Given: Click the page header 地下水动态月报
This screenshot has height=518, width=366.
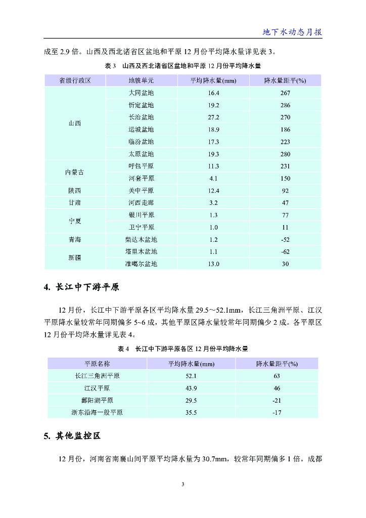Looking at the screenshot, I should (x=292, y=32).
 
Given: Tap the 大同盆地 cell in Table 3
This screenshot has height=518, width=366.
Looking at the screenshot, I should (x=141, y=93).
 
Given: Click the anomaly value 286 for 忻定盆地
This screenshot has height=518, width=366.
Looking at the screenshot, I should (x=285, y=105).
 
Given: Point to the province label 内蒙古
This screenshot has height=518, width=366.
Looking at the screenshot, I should (x=75, y=172).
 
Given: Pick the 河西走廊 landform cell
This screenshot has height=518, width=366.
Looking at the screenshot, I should (x=141, y=203).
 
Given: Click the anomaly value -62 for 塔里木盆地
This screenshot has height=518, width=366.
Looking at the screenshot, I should (x=285, y=251).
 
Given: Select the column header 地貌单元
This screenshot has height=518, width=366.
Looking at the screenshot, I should (x=141, y=81).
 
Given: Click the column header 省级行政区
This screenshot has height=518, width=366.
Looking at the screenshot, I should (x=75, y=81).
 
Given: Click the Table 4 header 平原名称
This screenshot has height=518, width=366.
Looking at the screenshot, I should (x=97, y=364).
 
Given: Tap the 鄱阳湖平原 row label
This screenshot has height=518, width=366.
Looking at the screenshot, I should (x=97, y=400).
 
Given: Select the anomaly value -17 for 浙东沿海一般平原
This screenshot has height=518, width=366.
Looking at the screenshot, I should (x=277, y=412).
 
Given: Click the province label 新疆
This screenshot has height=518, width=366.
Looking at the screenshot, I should (x=75, y=257).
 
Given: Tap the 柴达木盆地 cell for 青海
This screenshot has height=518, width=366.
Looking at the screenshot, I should (x=141, y=239).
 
